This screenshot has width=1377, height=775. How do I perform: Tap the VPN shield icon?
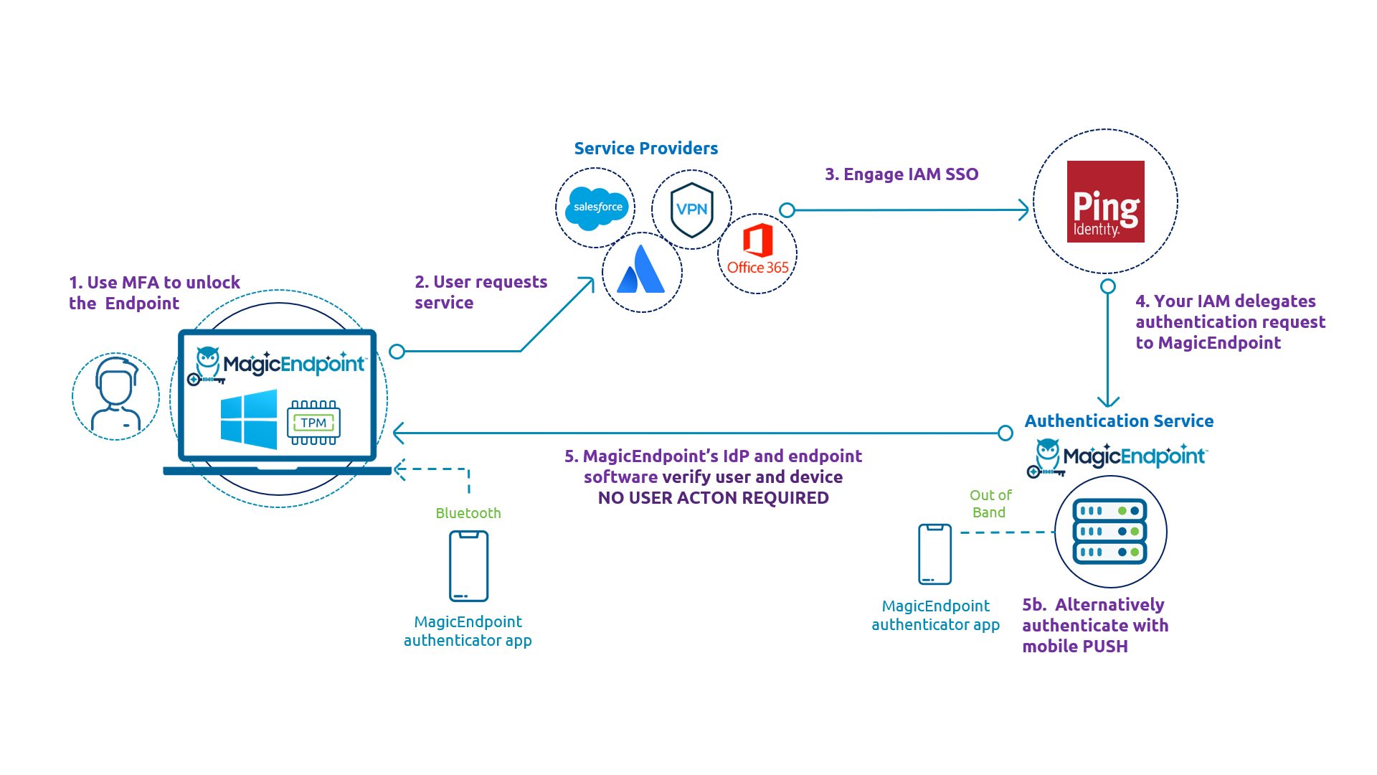[691, 210]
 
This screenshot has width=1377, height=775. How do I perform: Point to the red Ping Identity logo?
[1105, 202]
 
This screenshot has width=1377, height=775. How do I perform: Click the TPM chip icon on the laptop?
[313, 423]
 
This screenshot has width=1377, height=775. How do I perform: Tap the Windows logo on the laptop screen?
[249, 419]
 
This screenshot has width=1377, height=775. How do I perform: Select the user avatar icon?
[115, 395]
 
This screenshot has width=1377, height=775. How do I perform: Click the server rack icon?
[1109, 532]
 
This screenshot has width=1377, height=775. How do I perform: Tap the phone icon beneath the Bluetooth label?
[468, 566]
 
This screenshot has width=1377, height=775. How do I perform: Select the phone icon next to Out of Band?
[934, 554]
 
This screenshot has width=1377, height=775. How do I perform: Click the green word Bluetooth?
[468, 513]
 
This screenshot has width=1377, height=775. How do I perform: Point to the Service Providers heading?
[645, 149]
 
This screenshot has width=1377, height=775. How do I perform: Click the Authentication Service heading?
[1118, 421]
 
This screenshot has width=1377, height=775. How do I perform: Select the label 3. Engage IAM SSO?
[902, 174]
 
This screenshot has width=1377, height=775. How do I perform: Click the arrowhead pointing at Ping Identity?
[1024, 210]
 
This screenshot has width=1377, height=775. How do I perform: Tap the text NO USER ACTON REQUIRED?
[713, 498]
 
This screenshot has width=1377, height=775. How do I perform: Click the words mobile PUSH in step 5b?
[1074, 647]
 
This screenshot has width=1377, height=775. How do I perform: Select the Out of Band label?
[990, 504]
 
